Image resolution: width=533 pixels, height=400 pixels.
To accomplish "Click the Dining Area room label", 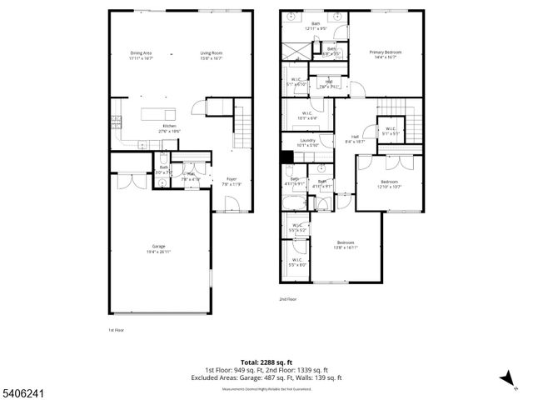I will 140,56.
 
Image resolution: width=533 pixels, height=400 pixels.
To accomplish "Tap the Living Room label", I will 211,56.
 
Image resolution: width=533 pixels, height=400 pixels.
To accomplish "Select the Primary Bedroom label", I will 386,54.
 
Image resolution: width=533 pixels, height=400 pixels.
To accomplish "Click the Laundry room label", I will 306,143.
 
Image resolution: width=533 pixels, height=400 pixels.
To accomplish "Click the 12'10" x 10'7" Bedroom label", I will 390,183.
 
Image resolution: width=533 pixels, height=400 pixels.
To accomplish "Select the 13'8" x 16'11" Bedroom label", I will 345,245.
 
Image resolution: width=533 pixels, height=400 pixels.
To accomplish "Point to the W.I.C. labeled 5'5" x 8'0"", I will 297,262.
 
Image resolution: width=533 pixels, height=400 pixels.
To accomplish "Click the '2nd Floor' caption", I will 288,299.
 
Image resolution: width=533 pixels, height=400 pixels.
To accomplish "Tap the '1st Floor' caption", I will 116,330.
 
